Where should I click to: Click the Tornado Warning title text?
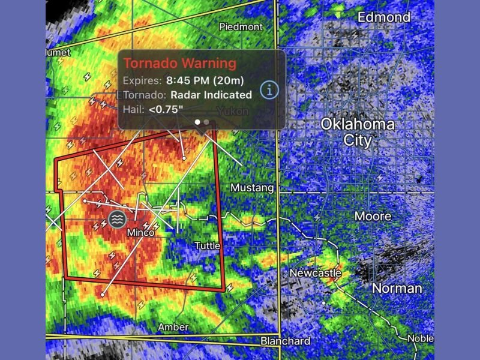click(x=179, y=64)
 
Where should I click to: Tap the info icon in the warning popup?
click(x=270, y=90)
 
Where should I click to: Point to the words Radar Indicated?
click(x=211, y=95)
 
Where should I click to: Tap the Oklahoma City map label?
click(x=358, y=133)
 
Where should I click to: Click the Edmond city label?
click(x=384, y=17)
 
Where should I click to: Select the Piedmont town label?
click(x=241, y=27)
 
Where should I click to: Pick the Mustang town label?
click(x=252, y=188)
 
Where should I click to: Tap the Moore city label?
click(x=373, y=216)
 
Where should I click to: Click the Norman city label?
click(x=397, y=289)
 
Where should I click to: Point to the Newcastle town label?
click(x=315, y=273)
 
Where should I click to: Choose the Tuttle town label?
click(x=207, y=246)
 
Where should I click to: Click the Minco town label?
click(x=141, y=232)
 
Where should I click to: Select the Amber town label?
click(x=173, y=327)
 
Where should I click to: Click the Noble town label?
click(x=420, y=338)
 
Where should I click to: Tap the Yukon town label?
click(x=232, y=111)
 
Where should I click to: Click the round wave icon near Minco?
click(x=117, y=219)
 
